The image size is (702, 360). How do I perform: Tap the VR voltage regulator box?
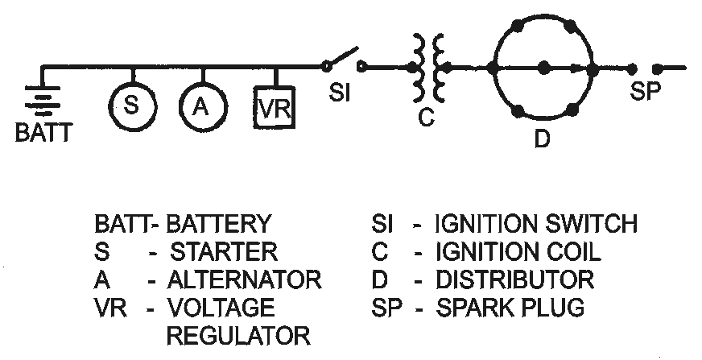272,107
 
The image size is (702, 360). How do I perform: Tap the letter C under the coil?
426,117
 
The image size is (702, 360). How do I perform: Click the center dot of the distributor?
543,67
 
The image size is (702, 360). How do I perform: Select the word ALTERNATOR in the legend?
244,280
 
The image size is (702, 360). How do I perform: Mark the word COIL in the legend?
572,252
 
